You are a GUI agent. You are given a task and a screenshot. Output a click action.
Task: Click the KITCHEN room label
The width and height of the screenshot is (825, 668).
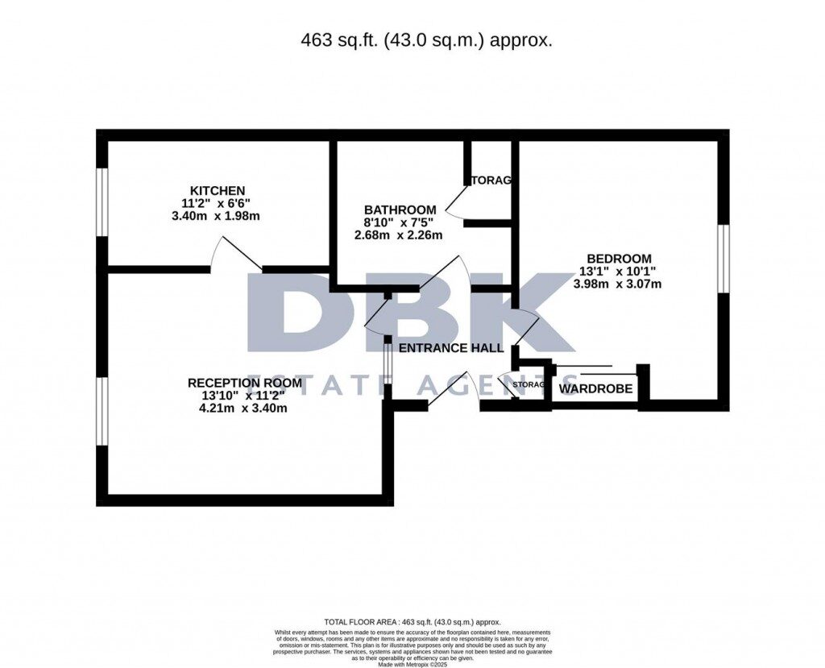point(213,190)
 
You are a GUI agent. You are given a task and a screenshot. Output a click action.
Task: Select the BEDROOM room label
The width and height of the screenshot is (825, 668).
point(618,259)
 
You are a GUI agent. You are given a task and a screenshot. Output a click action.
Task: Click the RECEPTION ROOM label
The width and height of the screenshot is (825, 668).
point(245,383)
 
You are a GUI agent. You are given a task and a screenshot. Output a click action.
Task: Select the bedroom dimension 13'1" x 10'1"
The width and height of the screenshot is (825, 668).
point(618,272)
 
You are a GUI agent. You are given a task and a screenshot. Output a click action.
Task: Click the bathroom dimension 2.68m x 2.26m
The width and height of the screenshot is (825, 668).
point(400,236)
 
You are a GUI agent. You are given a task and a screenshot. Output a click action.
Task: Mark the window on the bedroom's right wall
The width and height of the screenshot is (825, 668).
point(723,259)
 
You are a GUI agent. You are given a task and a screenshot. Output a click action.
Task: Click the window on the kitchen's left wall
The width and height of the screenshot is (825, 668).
point(102,201)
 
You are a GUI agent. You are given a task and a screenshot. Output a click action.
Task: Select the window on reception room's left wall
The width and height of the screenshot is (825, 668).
point(102,411)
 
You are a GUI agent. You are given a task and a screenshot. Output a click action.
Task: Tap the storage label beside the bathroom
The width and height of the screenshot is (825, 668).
point(491,180)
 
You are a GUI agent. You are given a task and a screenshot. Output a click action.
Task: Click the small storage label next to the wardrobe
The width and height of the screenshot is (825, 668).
point(529,385)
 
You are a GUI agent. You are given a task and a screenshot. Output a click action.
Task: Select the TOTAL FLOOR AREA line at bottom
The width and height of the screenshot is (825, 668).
point(412,622)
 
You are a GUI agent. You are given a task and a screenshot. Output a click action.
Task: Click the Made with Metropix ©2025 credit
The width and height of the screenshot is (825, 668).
point(412,663)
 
